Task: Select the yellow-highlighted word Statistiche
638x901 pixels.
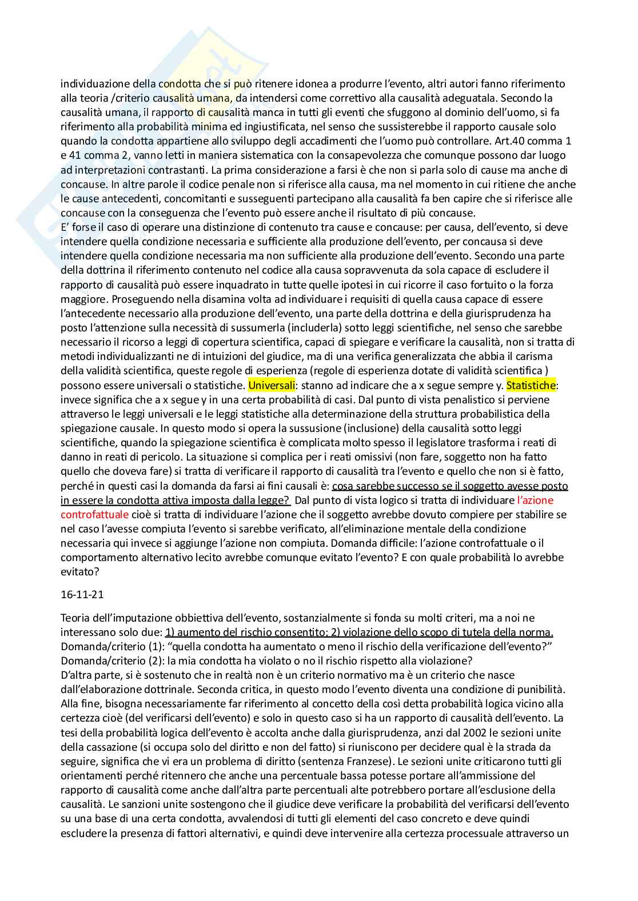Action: pyautogui.click(x=531, y=385)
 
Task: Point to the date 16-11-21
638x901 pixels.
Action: pyautogui.click(x=82, y=594)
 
